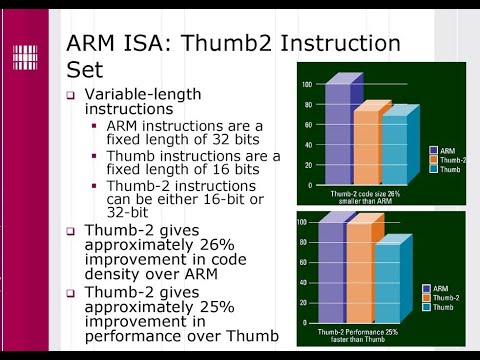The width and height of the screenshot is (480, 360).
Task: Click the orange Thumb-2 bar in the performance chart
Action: pyautogui.click(x=358, y=271)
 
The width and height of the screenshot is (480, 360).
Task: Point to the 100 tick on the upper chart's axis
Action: pyautogui.click(x=307, y=84)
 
